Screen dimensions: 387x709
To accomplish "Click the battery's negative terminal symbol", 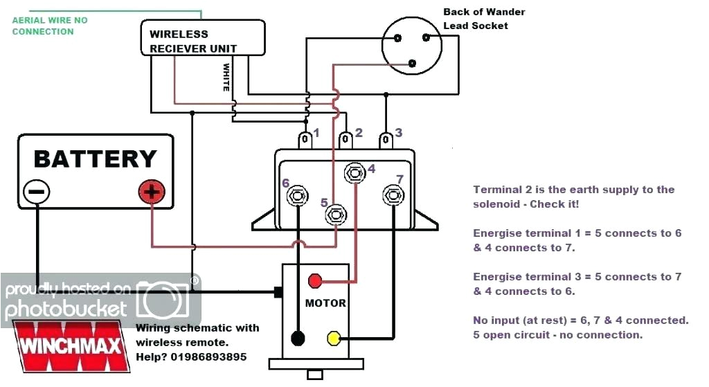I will coord(37,192).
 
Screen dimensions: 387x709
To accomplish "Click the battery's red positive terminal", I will coord(152,192).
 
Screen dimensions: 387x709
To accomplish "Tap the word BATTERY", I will coord(95,159).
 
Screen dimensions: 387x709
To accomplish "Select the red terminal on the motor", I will coord(315,280).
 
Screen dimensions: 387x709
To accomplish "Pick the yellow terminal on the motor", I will coord(334,339).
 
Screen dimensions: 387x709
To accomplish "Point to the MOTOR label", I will coord(325,303).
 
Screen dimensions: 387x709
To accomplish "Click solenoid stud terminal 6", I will coord(298,196).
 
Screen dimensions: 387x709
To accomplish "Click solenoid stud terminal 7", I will coord(393,195).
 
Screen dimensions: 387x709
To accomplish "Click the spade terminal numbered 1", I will coord(305,140).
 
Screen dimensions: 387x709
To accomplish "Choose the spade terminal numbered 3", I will coord(385,140).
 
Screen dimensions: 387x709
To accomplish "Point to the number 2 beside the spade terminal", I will coord(359,132).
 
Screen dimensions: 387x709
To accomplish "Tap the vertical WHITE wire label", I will coord(226,78).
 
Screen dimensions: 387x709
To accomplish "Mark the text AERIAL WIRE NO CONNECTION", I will coord(50,26).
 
